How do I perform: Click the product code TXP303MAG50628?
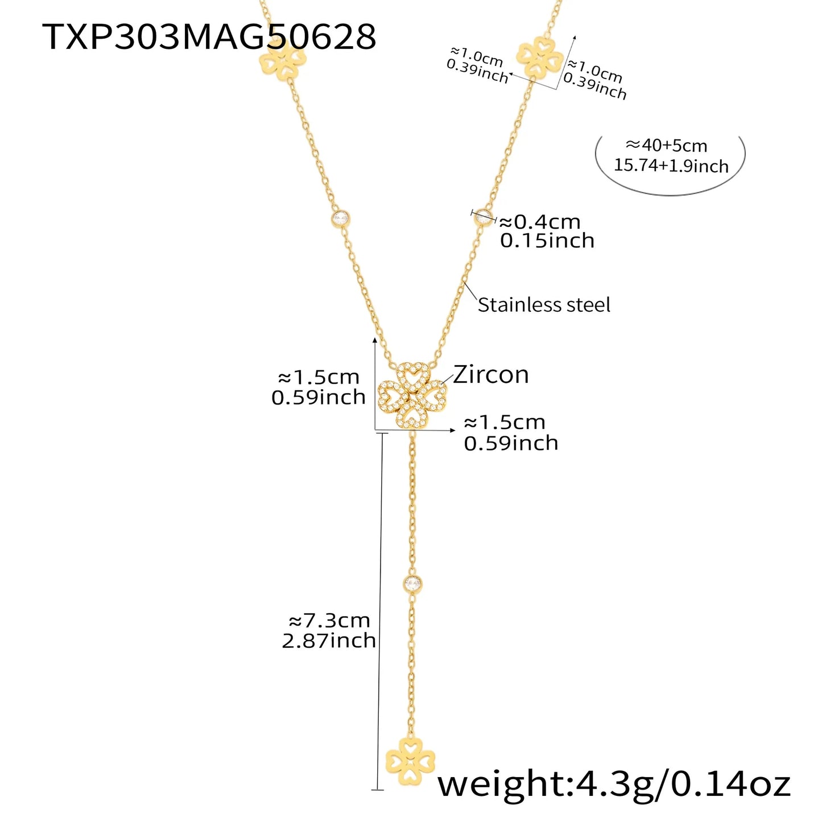tap(209, 37)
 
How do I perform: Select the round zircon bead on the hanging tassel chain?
tap(412, 583)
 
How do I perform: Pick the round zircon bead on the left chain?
tap(341, 218)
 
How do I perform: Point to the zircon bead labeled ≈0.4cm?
tap(484, 216)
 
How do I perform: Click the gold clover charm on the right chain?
tap(539, 57)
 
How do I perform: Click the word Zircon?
tap(491, 375)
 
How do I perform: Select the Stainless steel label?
tap(544, 305)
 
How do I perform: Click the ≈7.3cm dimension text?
tap(329, 620)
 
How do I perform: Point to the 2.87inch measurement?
tap(329, 641)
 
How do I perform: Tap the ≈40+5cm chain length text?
tap(666, 146)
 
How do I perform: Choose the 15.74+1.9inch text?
tap(671, 166)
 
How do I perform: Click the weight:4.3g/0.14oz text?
tap(614, 784)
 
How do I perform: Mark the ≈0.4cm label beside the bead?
tap(539, 221)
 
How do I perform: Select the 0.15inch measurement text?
tap(547, 241)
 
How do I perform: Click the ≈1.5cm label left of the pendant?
tap(319, 377)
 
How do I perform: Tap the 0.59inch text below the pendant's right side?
tap(511, 444)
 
